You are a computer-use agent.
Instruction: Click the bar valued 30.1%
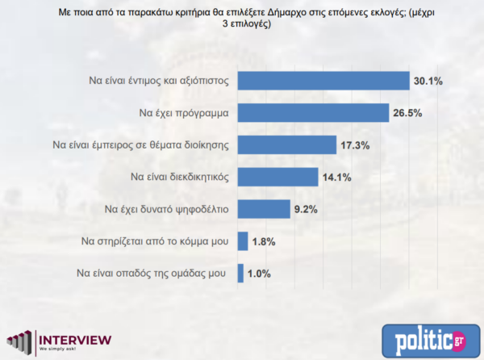[x=323, y=81]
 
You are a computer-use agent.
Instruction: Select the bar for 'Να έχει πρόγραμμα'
[x=314, y=113]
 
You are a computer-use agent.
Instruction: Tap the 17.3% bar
[x=286, y=145]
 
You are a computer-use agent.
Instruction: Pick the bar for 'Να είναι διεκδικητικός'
[x=277, y=177]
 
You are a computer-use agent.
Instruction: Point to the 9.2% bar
[x=263, y=209]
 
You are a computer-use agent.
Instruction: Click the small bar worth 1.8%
[x=242, y=241]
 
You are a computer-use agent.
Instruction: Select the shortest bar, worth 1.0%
[x=240, y=273]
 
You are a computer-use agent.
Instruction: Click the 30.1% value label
[x=428, y=81]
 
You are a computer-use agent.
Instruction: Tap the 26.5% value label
[x=408, y=113]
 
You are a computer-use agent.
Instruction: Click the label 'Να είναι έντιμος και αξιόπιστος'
[x=161, y=81]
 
